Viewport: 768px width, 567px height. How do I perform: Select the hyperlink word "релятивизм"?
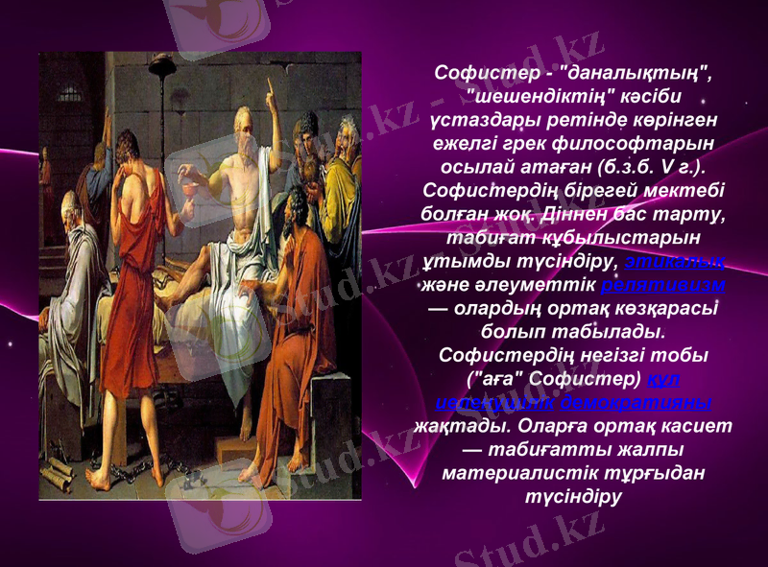pos(662,285)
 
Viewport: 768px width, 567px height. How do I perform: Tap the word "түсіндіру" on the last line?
pos(572,495)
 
